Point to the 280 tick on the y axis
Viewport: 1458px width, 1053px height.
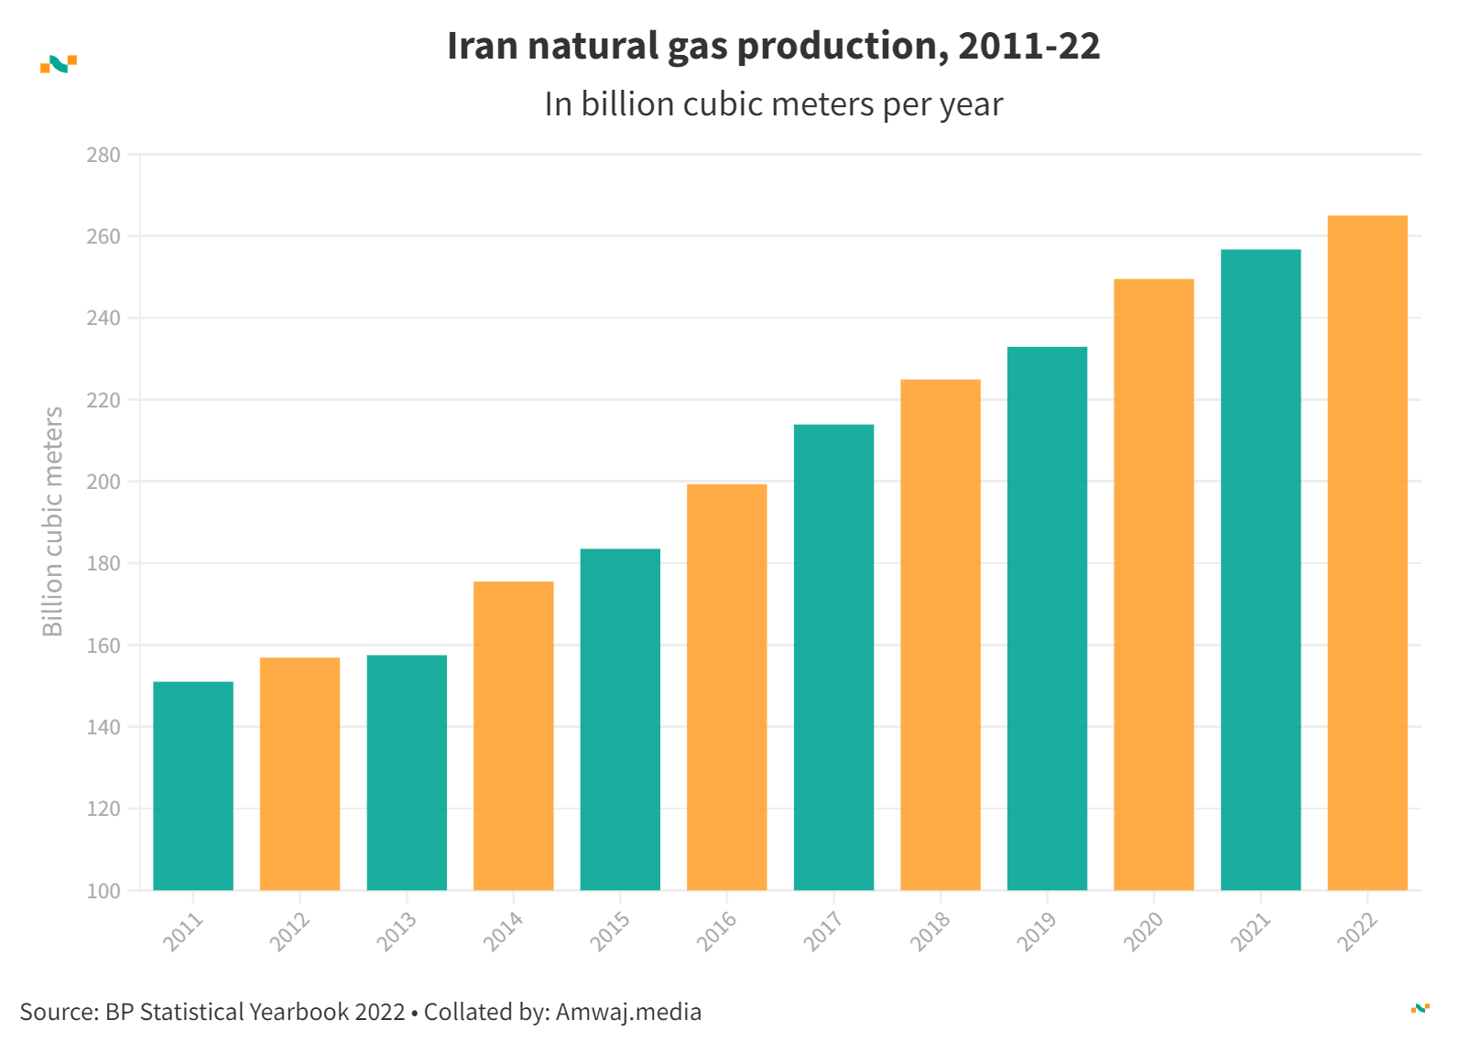[103, 155]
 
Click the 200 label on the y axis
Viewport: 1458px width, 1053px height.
[103, 482]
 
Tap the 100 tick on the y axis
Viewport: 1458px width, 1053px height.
[103, 891]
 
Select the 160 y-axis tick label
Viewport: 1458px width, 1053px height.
[103, 646]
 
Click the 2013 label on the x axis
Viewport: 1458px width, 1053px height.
[397, 931]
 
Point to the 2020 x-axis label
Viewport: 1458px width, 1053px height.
[1144, 931]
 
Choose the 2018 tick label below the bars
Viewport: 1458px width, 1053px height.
[930, 931]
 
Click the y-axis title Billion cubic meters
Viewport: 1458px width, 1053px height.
[53, 521]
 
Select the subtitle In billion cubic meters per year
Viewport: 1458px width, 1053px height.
[774, 104]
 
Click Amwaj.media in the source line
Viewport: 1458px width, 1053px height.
[628, 1012]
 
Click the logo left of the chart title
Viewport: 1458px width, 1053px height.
[59, 64]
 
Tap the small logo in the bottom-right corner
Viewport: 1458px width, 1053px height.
[1420, 1008]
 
